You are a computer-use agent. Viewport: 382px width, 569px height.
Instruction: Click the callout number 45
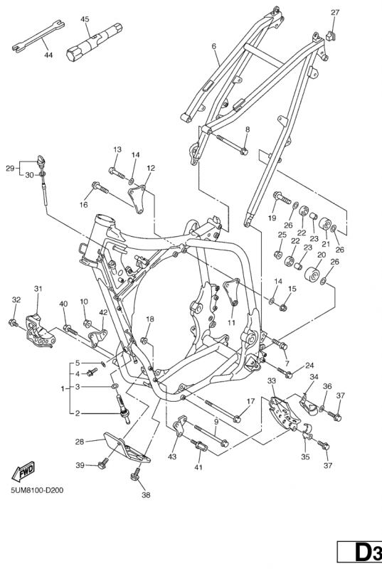coord(85,19)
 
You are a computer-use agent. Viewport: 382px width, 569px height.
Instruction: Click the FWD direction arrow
coord(23,471)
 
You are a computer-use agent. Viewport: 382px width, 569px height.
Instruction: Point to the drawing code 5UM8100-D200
coord(37,490)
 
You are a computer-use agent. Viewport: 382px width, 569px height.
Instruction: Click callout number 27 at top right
coord(335,12)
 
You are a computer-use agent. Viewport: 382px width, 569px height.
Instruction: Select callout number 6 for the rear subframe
coord(213,46)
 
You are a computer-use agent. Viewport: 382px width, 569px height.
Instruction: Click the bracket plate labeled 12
coord(137,200)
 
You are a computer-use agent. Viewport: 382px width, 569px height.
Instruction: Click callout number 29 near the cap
coord(10,168)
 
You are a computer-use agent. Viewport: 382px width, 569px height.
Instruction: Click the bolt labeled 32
coord(13,322)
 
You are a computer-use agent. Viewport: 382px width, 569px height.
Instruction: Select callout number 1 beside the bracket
coord(63,388)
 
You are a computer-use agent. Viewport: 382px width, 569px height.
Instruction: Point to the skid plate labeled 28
coord(127,448)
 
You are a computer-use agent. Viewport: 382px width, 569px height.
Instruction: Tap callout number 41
coord(198,467)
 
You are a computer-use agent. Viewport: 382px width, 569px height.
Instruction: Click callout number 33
coord(272,381)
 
